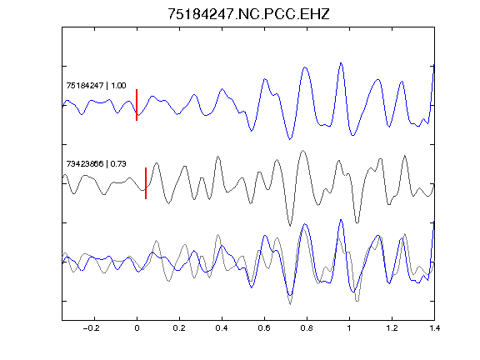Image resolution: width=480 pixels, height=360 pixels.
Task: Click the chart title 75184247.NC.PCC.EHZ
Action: pos(248,14)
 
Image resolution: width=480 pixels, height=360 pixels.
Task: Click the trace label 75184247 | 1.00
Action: pos(96,85)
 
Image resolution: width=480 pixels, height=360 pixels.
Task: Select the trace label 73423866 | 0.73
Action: pos(96,164)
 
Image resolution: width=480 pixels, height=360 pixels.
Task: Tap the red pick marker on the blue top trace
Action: pos(137,105)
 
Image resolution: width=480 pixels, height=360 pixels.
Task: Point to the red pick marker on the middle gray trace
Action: pos(146,183)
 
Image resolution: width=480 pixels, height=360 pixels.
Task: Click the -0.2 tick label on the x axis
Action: pos(92,328)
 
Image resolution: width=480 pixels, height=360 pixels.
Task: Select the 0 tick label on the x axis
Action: pos(137,328)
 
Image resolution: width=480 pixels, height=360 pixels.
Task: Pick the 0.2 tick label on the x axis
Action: pos(179,328)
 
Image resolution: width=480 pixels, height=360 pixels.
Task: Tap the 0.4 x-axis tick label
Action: pos(222,328)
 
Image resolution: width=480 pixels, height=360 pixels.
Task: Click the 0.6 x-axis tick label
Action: pos(264,328)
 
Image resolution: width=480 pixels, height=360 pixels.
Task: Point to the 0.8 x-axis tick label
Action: pos(307,328)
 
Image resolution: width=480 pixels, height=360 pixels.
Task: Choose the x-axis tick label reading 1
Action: pos(349,328)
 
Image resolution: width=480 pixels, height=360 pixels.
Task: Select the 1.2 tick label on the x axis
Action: pos(392,328)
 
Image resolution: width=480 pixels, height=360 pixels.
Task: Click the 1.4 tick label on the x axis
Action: pos(434,328)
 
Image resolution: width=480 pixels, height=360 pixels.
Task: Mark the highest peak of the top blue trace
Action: pos(341,63)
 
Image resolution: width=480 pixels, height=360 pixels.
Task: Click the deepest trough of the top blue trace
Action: pos(290,139)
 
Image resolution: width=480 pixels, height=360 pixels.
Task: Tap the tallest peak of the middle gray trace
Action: pos(303,151)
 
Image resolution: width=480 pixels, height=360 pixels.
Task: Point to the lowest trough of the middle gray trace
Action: pos(290,226)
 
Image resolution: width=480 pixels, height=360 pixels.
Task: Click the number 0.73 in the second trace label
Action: pos(118,164)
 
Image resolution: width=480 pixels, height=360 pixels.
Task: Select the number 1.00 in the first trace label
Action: pos(118,85)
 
